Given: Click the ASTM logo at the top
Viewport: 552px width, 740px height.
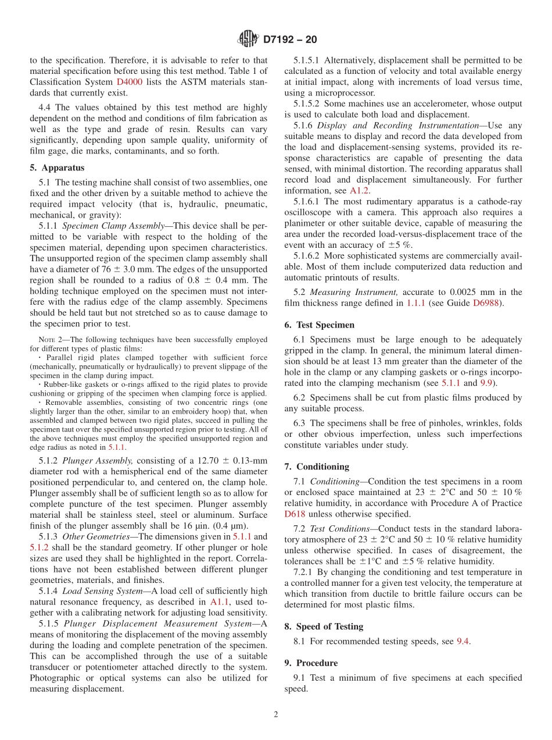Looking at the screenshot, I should pyautogui.click(x=248, y=40).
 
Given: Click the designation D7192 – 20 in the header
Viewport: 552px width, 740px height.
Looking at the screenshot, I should pyautogui.click(x=290, y=40).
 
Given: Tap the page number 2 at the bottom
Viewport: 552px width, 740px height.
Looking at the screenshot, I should pyautogui.click(x=276, y=715).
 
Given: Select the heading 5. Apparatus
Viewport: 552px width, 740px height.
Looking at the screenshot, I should pyautogui.click(x=57, y=168).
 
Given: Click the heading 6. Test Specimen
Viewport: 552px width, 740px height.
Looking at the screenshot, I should pyautogui.click(x=319, y=325).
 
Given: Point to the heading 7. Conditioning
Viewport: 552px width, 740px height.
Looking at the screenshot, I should pyautogui.click(x=317, y=467).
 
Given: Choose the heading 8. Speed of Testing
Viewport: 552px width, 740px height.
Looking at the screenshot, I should pyautogui.click(x=324, y=627).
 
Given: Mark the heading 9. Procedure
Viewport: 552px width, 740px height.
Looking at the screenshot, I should pyautogui.click(x=311, y=663).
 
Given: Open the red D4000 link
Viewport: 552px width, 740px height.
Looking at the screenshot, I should pyautogui.click(x=130, y=82).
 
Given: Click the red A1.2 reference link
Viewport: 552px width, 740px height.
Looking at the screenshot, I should pyautogui.click(x=359, y=190).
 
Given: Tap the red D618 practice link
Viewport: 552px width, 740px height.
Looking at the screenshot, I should pyautogui.click(x=295, y=514).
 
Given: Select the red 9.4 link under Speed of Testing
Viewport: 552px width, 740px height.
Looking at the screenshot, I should pyautogui.click(x=463, y=641).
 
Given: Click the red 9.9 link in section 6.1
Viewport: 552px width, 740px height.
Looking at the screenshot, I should pyautogui.click(x=486, y=383).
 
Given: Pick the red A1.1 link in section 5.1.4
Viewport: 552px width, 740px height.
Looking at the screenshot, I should pyautogui.click(x=220, y=602).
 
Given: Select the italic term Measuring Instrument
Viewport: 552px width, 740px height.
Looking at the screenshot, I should pyautogui.click(x=354, y=292).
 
